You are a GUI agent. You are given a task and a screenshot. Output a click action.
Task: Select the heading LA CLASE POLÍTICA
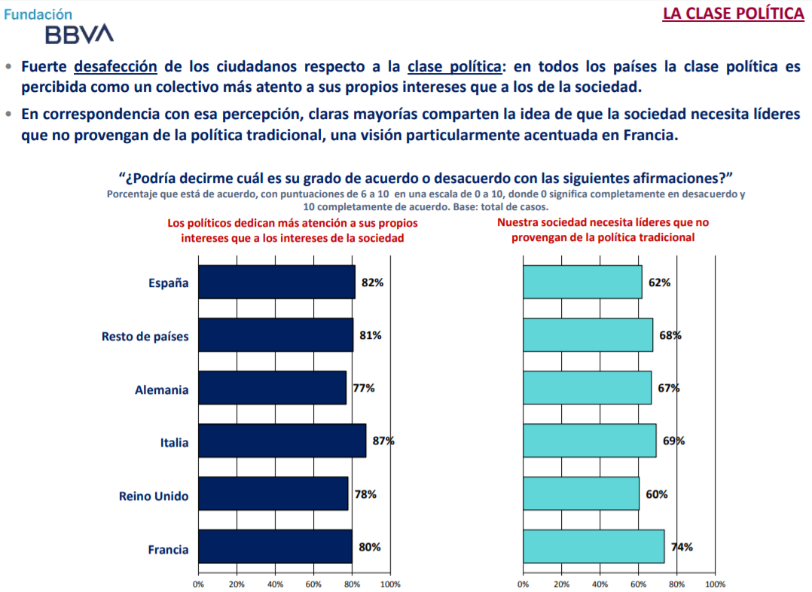pyautogui.click(x=733, y=14)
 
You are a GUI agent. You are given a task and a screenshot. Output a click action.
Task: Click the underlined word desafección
pyautogui.click(x=115, y=66)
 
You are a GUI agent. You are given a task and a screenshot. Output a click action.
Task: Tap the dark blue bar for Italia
pyautogui.click(x=282, y=441)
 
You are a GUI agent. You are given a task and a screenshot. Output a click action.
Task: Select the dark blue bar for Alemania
pyautogui.click(x=272, y=388)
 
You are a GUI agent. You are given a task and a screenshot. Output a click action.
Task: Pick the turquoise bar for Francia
pyautogui.click(x=594, y=547)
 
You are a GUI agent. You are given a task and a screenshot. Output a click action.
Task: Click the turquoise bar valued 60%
pyautogui.click(x=581, y=494)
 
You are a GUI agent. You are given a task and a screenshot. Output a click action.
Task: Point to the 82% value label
pyautogui.click(x=372, y=283)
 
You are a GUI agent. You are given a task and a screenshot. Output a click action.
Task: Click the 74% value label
pyautogui.click(x=682, y=548)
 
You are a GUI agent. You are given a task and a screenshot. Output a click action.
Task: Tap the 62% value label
pyautogui.click(x=659, y=283)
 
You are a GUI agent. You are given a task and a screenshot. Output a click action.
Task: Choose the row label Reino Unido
pyautogui.click(x=154, y=496)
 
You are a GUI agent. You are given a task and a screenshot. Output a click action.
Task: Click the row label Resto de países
pyautogui.click(x=145, y=337)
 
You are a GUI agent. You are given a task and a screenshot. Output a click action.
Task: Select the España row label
pyautogui.click(x=168, y=284)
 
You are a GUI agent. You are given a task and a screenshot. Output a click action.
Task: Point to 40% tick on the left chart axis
pyautogui.click(x=275, y=584)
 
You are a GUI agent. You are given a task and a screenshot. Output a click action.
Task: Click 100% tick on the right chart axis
pyautogui.click(x=715, y=584)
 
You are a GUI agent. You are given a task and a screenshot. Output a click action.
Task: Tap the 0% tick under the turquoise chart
pyautogui.click(x=524, y=584)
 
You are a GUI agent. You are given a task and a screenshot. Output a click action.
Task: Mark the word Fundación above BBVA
pyautogui.click(x=38, y=14)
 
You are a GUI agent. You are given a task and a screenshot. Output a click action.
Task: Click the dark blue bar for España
pyautogui.click(x=276, y=282)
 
